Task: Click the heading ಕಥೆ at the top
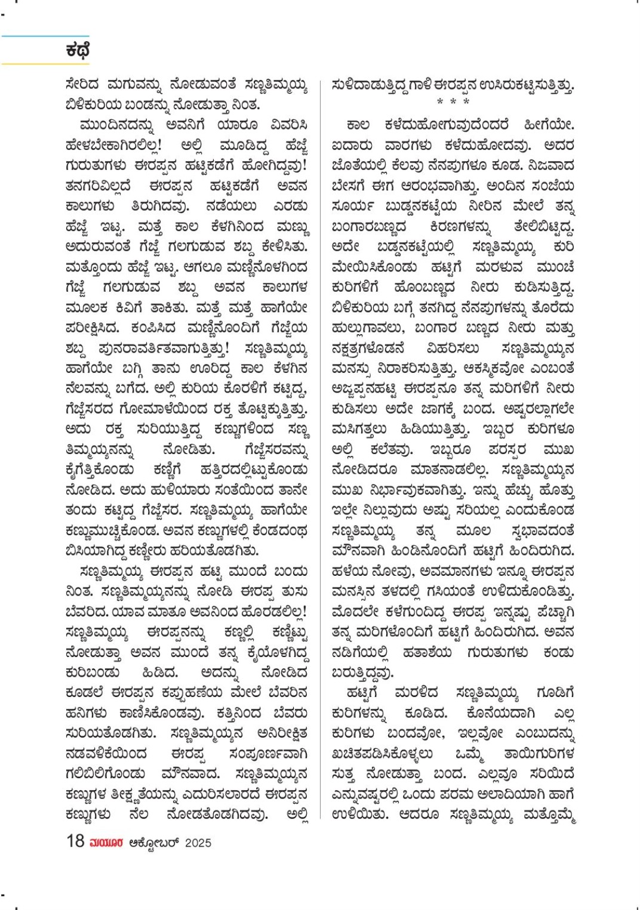tap(78, 51)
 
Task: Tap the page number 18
tap(75, 841)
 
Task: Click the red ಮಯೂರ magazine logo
tap(106, 843)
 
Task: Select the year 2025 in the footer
tap(198, 843)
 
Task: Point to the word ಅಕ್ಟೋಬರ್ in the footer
tap(154, 843)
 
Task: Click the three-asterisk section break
tap(453, 102)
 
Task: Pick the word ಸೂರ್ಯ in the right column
tap(353, 206)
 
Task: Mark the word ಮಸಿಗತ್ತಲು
tap(359, 429)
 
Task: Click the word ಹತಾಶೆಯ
tap(427, 652)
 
